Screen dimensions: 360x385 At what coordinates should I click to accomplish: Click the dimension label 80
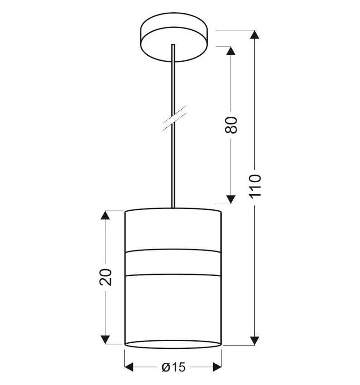pos(231,125)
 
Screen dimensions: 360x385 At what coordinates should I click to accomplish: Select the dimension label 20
pos(106,277)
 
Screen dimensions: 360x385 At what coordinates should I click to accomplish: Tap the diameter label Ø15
pos(174,367)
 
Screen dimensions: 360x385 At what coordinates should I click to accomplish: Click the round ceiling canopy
pos(174,37)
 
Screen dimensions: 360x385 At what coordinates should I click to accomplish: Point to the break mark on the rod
pos(174,118)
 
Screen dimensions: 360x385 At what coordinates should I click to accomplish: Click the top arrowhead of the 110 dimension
pos(254,34)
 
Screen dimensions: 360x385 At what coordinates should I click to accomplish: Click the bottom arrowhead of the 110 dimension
pos(254,341)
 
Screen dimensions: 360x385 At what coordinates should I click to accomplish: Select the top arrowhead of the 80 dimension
pos(231,51)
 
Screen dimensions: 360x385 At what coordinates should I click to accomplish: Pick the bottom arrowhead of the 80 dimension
pos(231,199)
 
